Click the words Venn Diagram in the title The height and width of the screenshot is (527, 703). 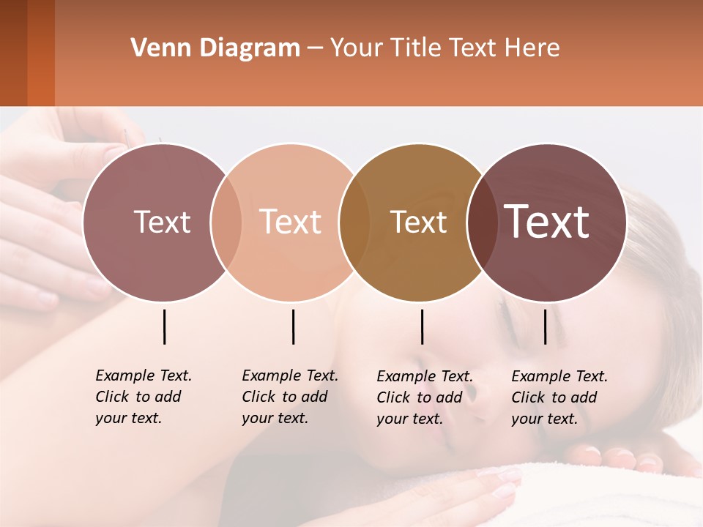click(215, 48)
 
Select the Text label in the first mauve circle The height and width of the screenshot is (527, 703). click(162, 223)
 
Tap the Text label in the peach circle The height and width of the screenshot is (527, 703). click(291, 223)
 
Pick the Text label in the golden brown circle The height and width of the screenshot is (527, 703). click(418, 223)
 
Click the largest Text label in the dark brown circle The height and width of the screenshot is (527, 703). click(547, 222)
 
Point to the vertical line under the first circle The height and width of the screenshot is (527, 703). click(164, 326)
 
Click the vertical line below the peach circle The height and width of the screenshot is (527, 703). click(293, 326)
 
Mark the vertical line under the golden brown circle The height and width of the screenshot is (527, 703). click(422, 326)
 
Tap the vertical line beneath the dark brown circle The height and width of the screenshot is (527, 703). click(545, 326)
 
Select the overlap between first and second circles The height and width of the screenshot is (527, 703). click(226, 223)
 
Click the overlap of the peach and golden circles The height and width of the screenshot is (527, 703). click(354, 223)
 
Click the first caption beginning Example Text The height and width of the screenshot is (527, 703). click(144, 397)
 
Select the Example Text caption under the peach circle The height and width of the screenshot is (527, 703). click(290, 397)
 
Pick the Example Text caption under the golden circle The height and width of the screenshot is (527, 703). click(425, 397)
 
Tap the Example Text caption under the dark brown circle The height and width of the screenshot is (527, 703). click(559, 397)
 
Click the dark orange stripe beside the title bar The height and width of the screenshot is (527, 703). click(41, 53)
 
